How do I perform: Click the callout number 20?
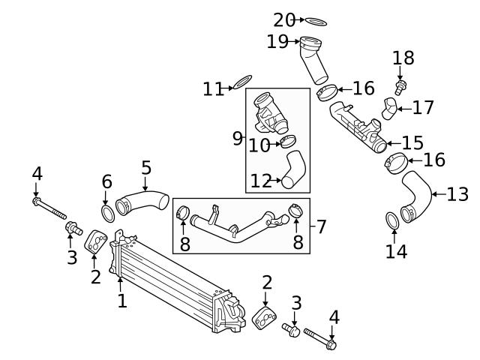(283, 20)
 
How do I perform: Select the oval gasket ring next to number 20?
(316, 22)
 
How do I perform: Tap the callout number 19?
(277, 41)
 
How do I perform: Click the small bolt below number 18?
(400, 87)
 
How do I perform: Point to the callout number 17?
(423, 107)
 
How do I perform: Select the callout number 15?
(412, 142)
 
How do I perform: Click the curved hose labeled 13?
(415, 196)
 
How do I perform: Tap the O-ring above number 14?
(392, 220)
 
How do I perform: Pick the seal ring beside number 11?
(242, 82)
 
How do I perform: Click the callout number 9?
(238, 138)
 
